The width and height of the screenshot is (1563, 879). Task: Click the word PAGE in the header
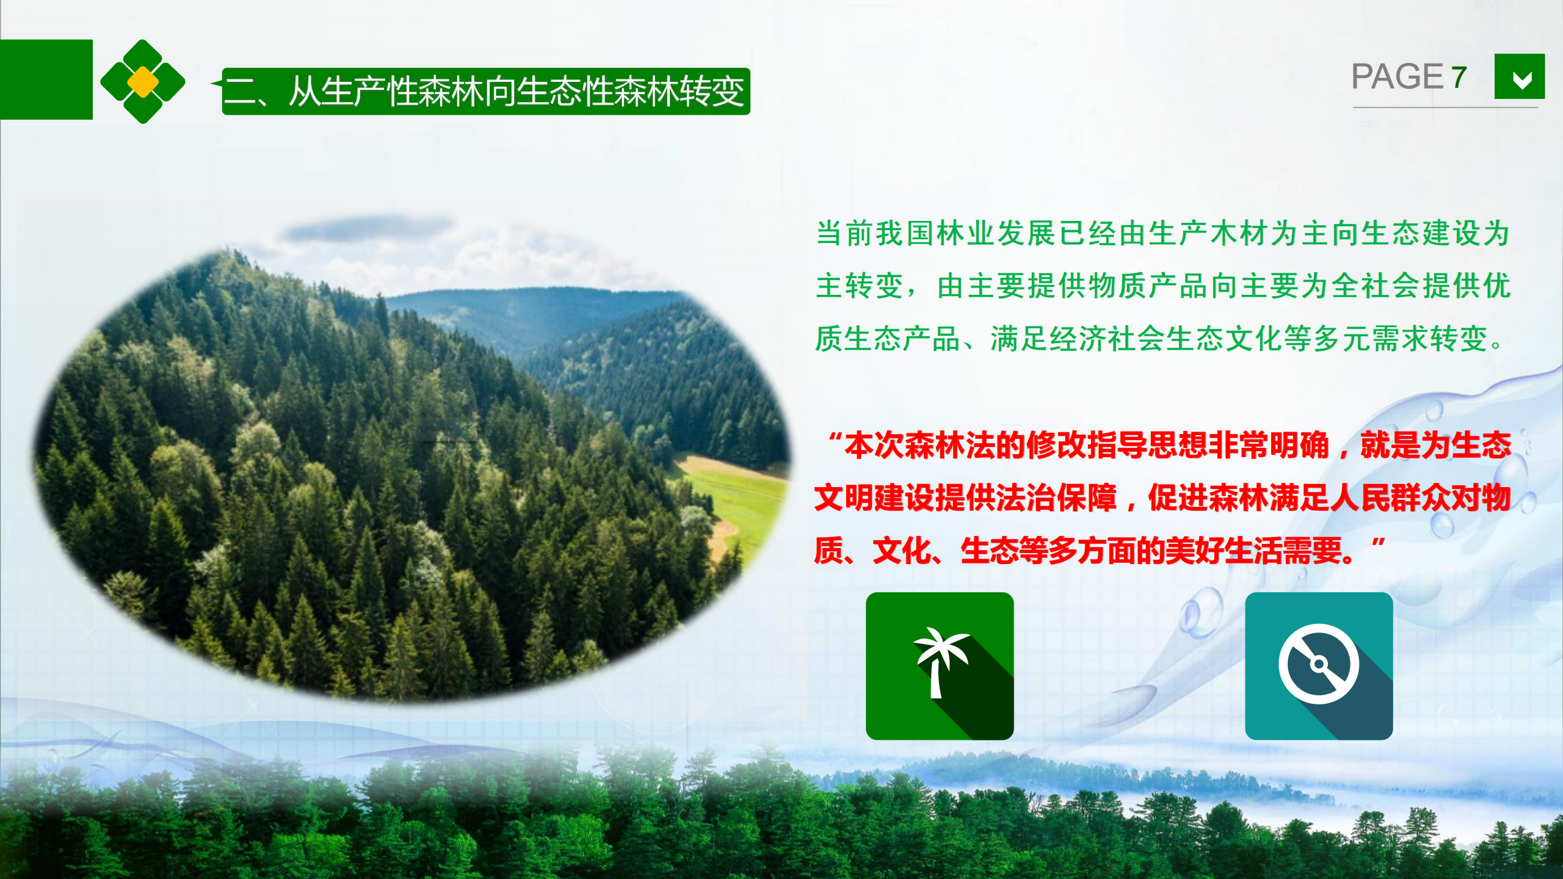1397,77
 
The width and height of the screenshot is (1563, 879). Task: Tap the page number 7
1459,77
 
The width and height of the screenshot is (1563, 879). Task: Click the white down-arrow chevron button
1520,76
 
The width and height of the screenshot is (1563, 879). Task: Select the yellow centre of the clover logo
143,82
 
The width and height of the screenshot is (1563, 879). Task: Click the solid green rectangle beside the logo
46,79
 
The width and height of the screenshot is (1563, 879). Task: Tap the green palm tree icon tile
940,666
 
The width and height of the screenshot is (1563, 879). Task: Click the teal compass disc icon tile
1319,666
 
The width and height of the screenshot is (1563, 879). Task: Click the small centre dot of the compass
1319,664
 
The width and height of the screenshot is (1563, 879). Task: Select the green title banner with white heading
486,92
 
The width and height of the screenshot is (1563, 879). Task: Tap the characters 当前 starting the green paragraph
846,233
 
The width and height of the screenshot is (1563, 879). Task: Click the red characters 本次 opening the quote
874,445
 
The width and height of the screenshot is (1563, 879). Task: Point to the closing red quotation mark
1378,544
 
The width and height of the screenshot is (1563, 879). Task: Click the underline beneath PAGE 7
1445,107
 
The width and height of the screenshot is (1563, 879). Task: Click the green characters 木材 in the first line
1240,233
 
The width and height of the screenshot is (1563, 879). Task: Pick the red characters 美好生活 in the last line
1223,551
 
